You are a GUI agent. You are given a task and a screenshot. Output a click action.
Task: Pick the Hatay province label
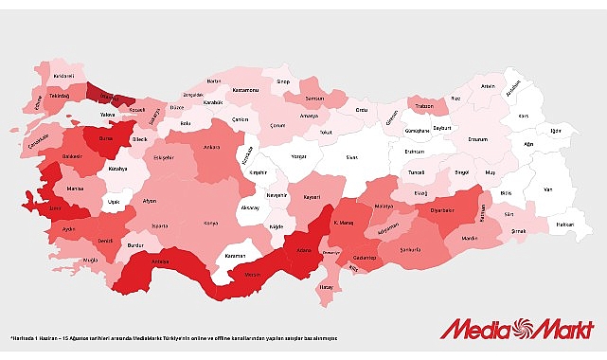click(328, 287)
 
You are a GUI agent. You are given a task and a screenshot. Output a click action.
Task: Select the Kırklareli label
click(62, 74)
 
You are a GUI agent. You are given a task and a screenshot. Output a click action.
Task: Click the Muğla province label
click(91, 259)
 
